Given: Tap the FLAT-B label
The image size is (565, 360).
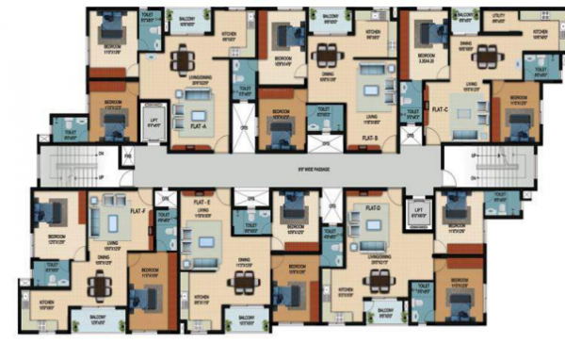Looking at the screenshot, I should point(369,138).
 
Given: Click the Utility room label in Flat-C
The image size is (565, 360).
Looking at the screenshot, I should point(498,19).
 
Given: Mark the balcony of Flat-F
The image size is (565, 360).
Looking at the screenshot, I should point(97,319).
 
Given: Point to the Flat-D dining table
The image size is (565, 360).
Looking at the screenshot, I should point(380,279).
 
